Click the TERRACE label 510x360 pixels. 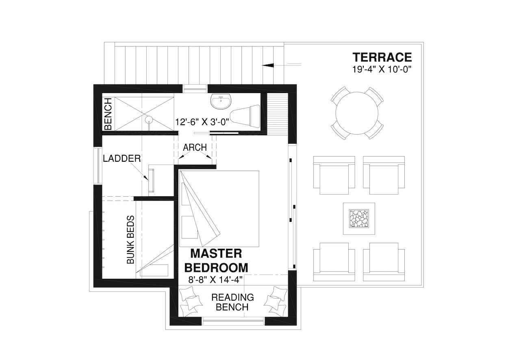coord(382,57)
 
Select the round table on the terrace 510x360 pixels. coord(357,113)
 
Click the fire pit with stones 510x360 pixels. coord(359,219)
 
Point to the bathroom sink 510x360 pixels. coord(221,101)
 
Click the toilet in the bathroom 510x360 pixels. coord(245,116)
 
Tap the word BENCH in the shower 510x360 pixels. coord(108,114)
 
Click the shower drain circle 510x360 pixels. coord(149,119)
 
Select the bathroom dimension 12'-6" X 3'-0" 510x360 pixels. coord(202,122)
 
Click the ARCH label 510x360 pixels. coord(195,147)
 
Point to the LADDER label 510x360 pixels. coord(122,158)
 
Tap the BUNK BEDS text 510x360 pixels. coord(130,240)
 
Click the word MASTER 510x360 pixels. coord(216,254)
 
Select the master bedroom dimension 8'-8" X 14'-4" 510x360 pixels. coord(215,280)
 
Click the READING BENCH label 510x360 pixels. coord(232,302)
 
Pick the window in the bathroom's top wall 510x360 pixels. coord(195,89)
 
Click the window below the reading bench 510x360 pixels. coord(233,321)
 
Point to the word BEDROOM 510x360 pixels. coord(216,268)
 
